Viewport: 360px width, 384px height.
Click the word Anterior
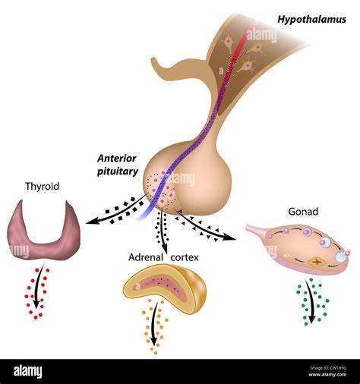[x=117, y=158]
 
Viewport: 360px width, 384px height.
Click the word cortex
[x=184, y=258]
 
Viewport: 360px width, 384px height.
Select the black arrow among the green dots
[x=310, y=299]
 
